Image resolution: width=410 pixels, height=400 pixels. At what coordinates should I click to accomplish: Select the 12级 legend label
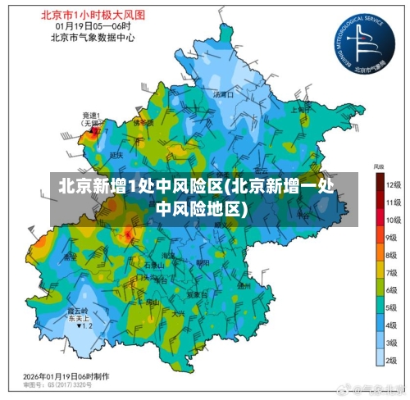[393, 186]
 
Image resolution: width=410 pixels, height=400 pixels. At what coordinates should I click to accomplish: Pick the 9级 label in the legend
[392, 237]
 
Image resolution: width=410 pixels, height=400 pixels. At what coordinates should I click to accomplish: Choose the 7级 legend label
[392, 272]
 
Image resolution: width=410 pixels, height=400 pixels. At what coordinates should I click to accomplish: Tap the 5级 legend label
[392, 307]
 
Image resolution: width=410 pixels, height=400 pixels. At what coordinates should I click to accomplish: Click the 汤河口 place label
[223, 95]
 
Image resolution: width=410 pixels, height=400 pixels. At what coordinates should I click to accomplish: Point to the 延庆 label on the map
[116, 153]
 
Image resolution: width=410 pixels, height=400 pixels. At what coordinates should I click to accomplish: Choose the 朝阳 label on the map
[202, 263]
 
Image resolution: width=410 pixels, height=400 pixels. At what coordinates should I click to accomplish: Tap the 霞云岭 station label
[78, 311]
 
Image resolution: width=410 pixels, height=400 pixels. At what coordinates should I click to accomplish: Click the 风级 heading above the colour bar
[379, 166]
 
